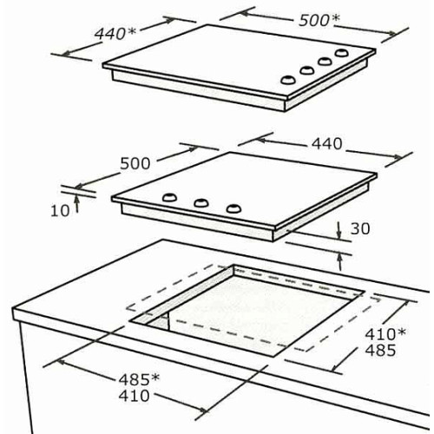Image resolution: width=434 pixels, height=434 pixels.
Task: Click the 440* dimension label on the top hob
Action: [115, 34]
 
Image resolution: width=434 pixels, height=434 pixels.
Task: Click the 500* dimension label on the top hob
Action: [319, 20]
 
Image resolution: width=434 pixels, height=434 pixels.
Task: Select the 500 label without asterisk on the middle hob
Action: [135, 163]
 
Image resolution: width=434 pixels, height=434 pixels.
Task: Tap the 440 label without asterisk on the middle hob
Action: [326, 144]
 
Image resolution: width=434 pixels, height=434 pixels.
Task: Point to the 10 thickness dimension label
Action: [60, 211]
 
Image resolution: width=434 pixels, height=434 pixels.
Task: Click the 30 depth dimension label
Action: [360, 228]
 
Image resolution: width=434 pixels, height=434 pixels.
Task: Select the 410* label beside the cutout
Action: [385, 334]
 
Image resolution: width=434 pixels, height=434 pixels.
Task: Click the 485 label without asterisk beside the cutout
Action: [380, 350]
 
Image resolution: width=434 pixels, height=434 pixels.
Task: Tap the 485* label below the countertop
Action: [139, 379]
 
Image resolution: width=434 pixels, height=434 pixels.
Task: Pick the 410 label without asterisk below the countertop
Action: [134, 396]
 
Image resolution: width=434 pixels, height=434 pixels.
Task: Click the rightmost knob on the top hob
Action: [342, 53]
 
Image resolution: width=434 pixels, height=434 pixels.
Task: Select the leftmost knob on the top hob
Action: [287, 80]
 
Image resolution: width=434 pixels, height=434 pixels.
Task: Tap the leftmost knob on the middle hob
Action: [169, 197]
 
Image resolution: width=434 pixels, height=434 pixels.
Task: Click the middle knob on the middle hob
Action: [201, 202]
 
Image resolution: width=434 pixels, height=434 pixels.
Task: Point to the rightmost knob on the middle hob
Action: [233, 208]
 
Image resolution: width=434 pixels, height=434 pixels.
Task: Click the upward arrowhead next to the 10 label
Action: [76, 199]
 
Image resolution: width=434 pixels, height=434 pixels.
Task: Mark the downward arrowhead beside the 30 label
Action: [339, 235]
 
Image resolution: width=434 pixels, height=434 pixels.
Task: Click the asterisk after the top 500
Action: [336, 17]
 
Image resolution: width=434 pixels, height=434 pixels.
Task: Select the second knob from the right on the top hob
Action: [325, 61]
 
